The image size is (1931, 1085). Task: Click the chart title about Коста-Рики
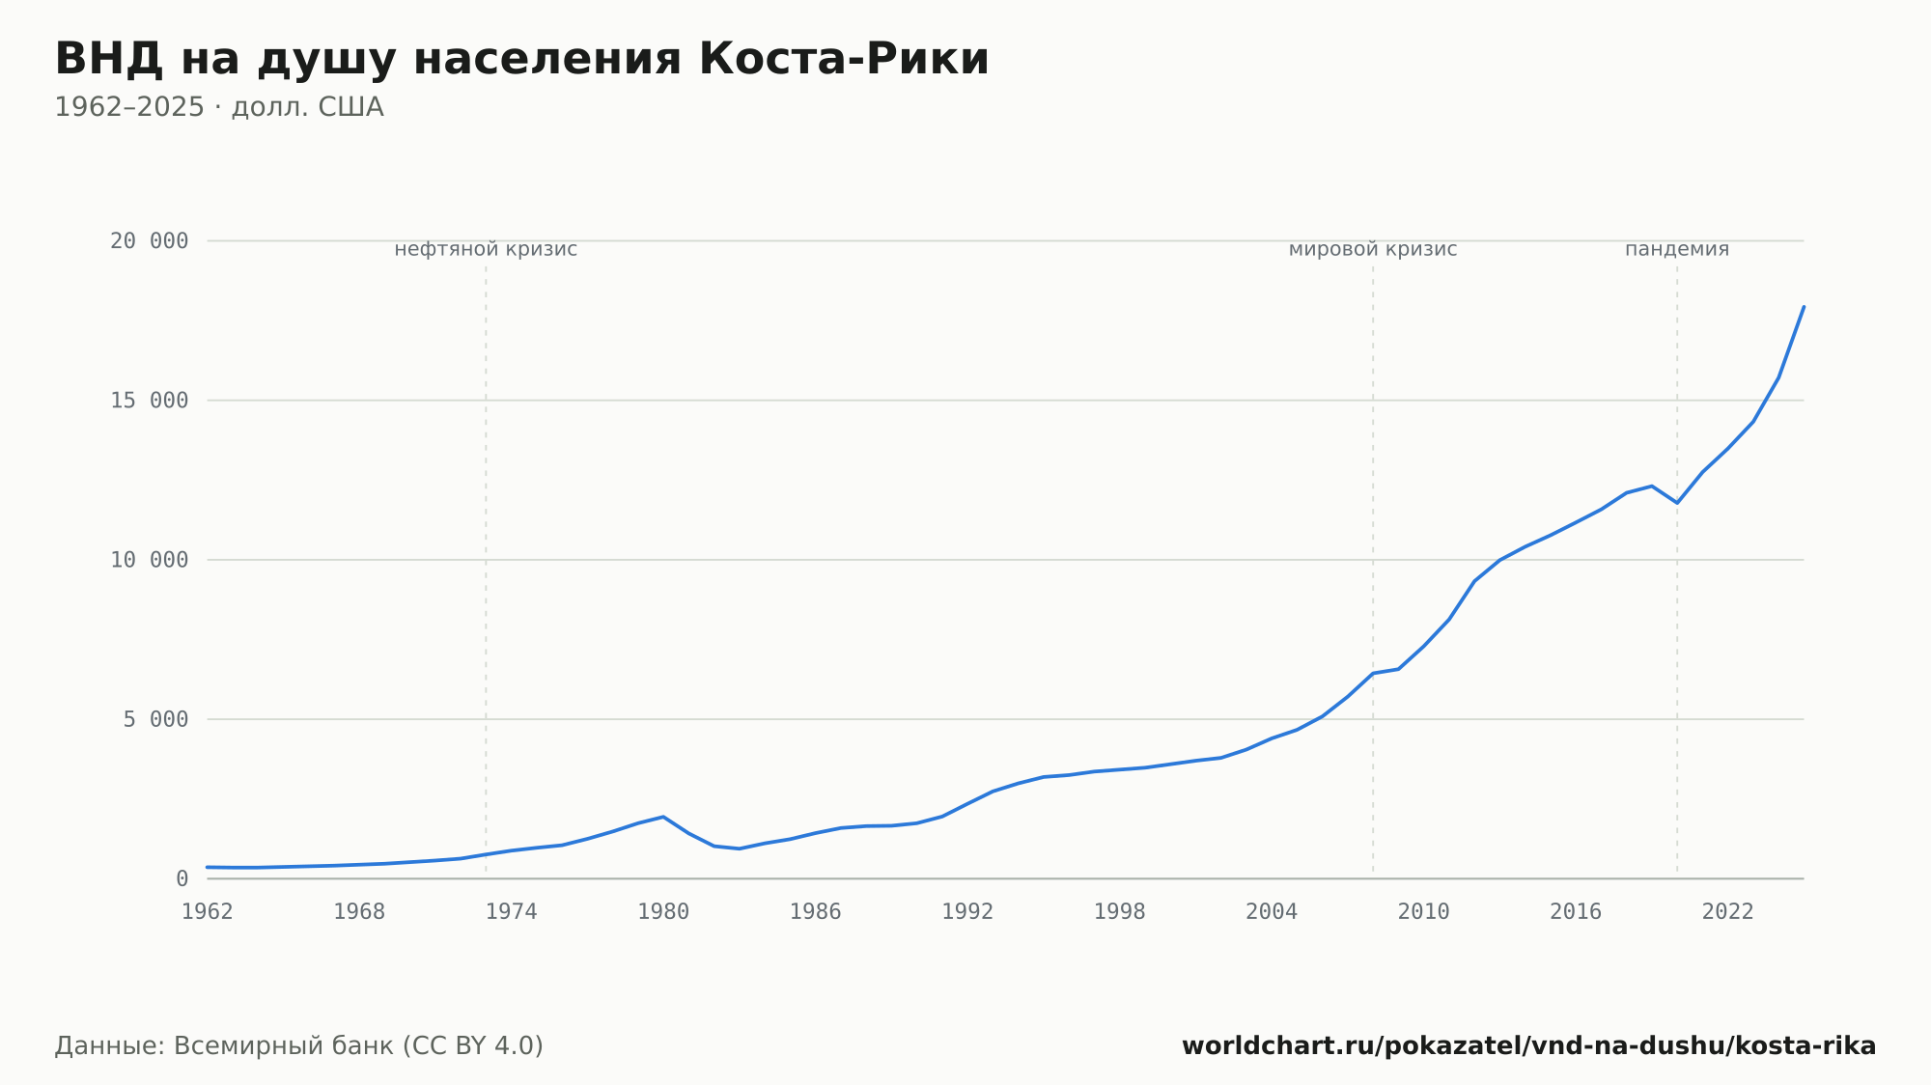[522, 60]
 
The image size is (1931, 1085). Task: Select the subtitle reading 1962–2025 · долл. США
[219, 107]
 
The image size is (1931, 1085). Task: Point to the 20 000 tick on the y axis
[150, 241]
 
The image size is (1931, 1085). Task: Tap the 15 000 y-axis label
[150, 401]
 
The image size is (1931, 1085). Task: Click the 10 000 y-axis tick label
[150, 560]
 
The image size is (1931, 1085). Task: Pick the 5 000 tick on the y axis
[156, 719]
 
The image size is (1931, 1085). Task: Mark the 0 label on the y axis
[182, 878]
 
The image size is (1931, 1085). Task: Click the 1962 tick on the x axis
[208, 912]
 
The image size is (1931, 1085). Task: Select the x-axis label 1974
[512, 912]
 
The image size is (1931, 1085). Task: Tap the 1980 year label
[663, 912]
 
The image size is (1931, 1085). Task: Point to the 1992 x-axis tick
[967, 912]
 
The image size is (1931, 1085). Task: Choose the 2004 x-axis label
[1272, 912]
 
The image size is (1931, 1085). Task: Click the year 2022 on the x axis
[1728, 912]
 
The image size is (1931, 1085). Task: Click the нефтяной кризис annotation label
[486, 249]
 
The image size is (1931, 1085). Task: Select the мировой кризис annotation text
[1373, 249]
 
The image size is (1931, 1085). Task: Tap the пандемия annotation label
[1677, 249]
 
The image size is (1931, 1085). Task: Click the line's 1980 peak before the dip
[663, 817]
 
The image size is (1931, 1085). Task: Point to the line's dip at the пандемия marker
[1677, 503]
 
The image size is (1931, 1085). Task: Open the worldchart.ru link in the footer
[1529, 1046]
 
